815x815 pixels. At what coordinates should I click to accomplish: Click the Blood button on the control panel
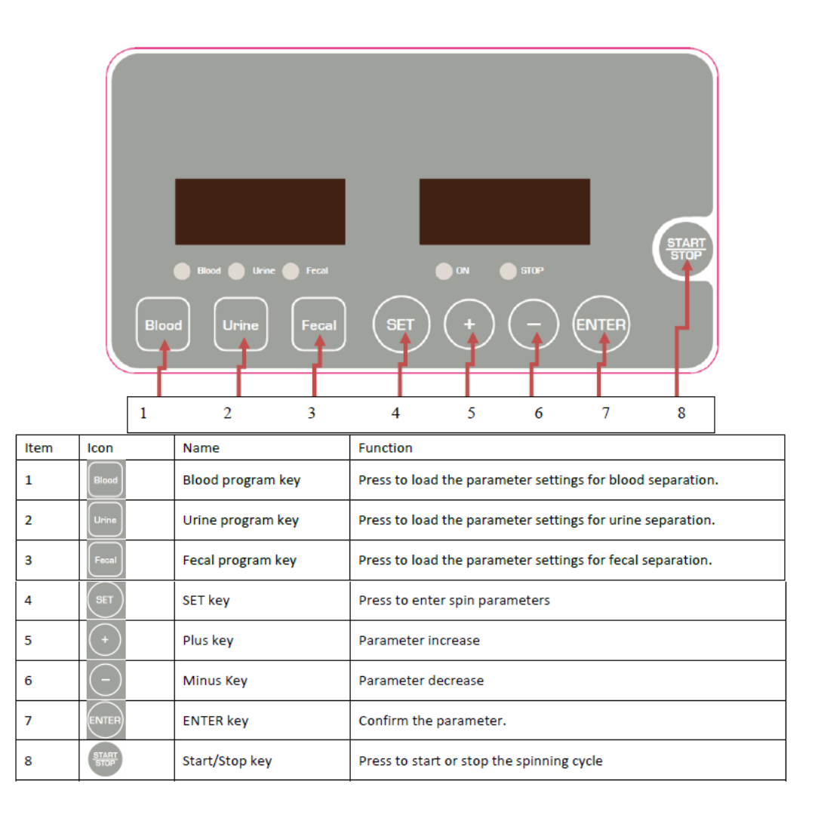click(163, 324)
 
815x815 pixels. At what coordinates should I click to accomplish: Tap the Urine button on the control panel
click(241, 324)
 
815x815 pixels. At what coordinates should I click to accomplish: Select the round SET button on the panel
click(401, 324)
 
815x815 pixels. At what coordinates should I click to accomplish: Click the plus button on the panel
click(469, 324)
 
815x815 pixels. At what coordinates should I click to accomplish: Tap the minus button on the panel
click(534, 324)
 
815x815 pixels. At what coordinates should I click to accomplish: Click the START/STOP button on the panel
click(685, 249)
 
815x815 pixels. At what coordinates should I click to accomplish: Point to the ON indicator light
click(444, 270)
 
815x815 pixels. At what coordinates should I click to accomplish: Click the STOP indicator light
click(509, 270)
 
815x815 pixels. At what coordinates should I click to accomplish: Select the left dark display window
click(260, 211)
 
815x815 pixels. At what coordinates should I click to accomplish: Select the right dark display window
click(504, 211)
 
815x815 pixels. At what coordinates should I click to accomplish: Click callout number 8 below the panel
click(681, 414)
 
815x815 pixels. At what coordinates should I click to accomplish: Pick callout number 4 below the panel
click(395, 414)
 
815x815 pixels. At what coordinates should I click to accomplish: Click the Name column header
click(201, 448)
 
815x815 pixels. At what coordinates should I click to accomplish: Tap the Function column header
click(385, 448)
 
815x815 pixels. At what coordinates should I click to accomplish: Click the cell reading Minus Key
click(215, 681)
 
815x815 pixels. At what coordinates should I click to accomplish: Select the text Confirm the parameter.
click(432, 721)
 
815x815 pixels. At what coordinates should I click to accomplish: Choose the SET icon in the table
click(105, 600)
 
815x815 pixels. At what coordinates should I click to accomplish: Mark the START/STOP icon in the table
click(105, 760)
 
